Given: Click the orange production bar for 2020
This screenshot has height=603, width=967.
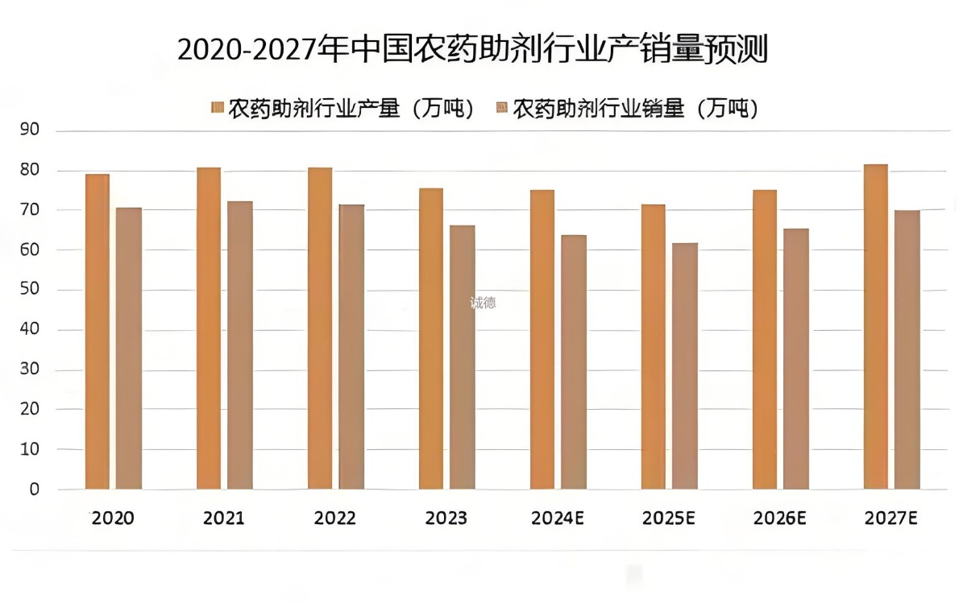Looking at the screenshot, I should (x=98, y=331).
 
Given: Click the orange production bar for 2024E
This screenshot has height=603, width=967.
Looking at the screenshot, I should (x=542, y=339).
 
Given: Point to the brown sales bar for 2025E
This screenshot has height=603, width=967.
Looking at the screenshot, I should (x=685, y=366).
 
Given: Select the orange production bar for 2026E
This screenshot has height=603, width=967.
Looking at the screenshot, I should (x=765, y=339).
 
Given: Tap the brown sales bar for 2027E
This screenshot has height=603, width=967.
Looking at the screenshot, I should (x=907, y=349).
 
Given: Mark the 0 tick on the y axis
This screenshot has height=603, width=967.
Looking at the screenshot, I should (x=34, y=489).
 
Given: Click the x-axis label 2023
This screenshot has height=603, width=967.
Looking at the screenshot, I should (x=446, y=518).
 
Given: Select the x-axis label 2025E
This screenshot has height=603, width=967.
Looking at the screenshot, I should (x=669, y=518).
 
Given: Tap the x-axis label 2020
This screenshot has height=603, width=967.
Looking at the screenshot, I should (x=113, y=518).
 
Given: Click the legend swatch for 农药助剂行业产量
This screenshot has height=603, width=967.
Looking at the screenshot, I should (x=217, y=108).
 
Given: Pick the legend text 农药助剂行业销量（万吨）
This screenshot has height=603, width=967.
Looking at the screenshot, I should (x=636, y=108).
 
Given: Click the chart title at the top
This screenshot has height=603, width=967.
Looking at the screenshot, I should (x=472, y=50).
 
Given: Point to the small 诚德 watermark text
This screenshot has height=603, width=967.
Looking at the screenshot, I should (x=483, y=303).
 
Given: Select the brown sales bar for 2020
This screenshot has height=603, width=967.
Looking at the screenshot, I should (x=128, y=348).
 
